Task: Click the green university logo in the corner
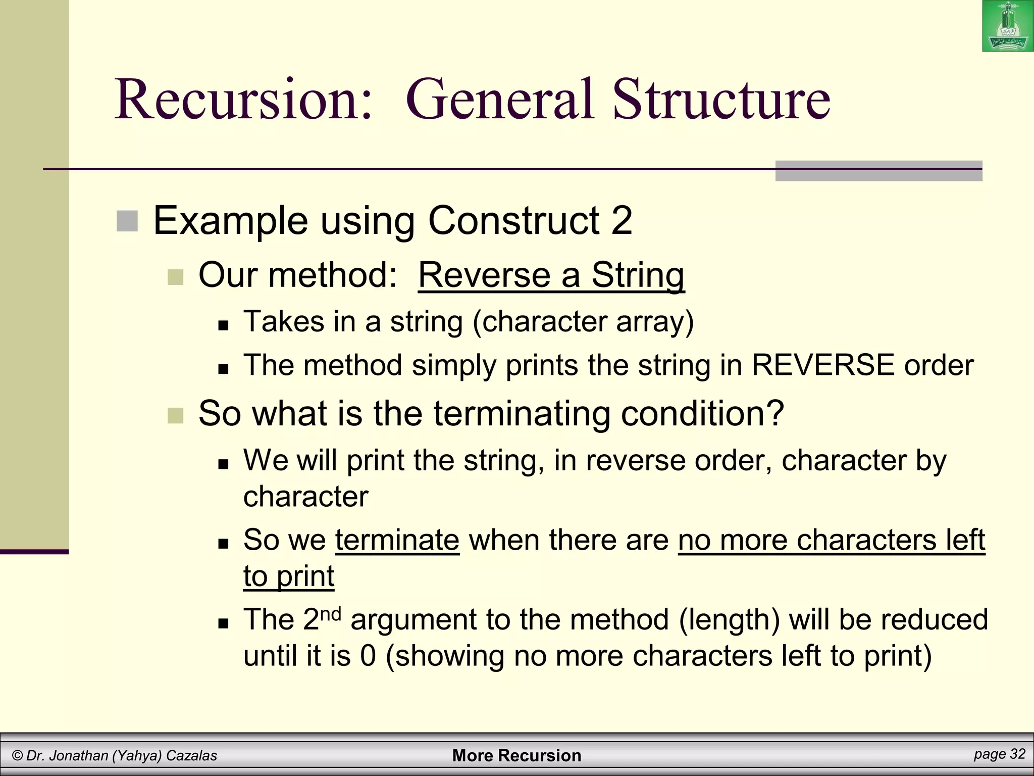pyautogui.click(x=1008, y=26)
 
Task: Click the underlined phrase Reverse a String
pyautogui.click(x=551, y=275)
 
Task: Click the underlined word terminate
pyautogui.click(x=397, y=540)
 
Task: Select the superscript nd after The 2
pyautogui.click(x=331, y=614)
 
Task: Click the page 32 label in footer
pyautogui.click(x=1000, y=754)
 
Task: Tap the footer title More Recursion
pyautogui.click(x=516, y=755)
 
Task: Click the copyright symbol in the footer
pyautogui.click(x=18, y=756)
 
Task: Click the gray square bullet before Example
pyautogui.click(x=127, y=221)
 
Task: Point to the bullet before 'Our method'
pyautogui.click(x=175, y=277)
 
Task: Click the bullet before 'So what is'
pyautogui.click(x=175, y=415)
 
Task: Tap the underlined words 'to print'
pyautogui.click(x=289, y=576)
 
